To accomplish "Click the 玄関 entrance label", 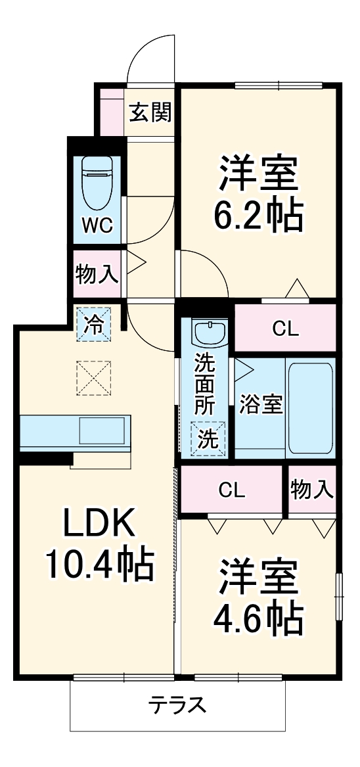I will [150, 113].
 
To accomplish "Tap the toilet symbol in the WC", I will [97, 181].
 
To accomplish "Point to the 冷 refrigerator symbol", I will [95, 325].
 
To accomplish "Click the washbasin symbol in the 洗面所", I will [210, 333].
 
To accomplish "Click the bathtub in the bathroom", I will [311, 407].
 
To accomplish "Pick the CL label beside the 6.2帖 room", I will [286, 329].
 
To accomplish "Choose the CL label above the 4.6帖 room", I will [232, 490].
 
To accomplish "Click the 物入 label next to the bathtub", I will [312, 489].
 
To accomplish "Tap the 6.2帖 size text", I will [259, 214].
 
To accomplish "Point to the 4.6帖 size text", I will [259, 616].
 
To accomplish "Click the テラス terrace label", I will [177, 705].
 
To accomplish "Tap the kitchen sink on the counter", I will [102, 431].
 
